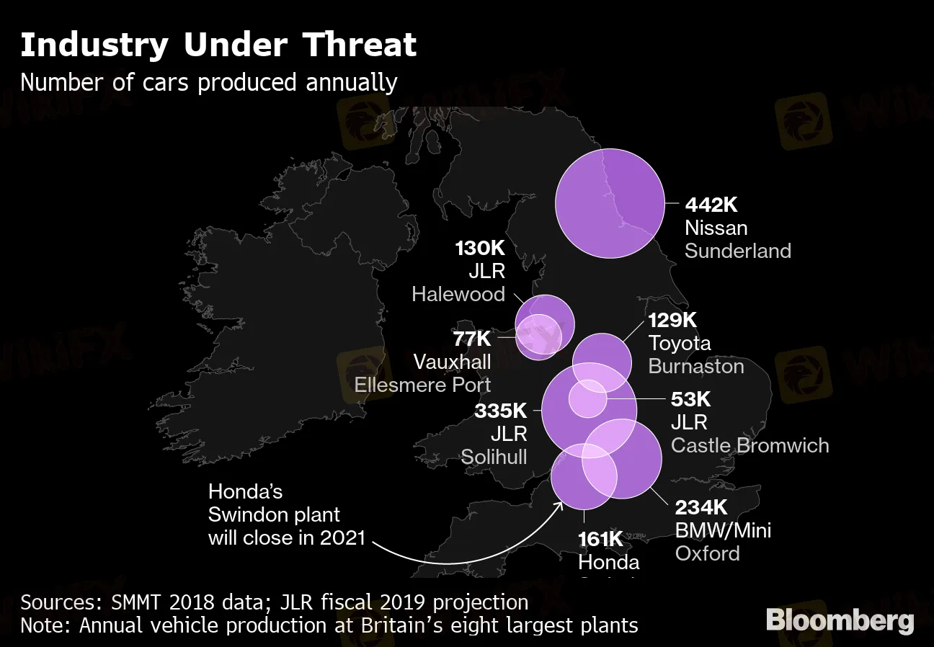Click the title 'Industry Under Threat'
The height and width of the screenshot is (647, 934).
pyautogui.click(x=218, y=45)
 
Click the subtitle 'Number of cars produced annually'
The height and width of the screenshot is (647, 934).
pyautogui.click(x=209, y=83)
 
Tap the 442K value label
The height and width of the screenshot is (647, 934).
pyautogui.click(x=711, y=205)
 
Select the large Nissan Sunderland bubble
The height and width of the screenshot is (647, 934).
pyautogui.click(x=610, y=203)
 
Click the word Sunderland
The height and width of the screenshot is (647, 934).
pyautogui.click(x=737, y=251)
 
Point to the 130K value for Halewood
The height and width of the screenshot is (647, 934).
pyautogui.click(x=480, y=249)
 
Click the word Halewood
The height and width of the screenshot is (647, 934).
pyautogui.click(x=458, y=294)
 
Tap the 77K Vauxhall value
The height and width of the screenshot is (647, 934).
pyautogui.click(x=471, y=338)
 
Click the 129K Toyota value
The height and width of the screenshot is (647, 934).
pyautogui.click(x=672, y=320)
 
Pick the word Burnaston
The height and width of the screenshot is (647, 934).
pyautogui.click(x=695, y=366)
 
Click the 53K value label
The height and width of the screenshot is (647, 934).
pyautogui.click(x=690, y=398)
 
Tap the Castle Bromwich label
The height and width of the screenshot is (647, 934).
pyautogui.click(x=750, y=445)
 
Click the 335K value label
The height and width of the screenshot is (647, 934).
pyautogui.click(x=501, y=411)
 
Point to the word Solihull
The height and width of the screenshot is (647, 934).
pyautogui.click(x=494, y=457)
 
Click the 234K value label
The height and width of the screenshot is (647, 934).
pyautogui.click(x=700, y=507)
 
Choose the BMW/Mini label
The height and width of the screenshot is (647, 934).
pyautogui.click(x=723, y=531)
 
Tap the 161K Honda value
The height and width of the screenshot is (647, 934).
pyautogui.click(x=600, y=539)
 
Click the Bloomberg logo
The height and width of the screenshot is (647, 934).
pyautogui.click(x=840, y=620)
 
